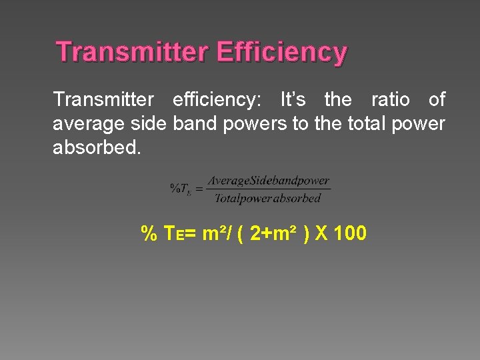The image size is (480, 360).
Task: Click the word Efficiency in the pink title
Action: (x=282, y=52)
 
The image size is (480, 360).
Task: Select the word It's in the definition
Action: (x=293, y=100)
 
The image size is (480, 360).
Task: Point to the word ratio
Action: (x=390, y=100)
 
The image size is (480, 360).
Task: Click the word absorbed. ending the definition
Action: (x=97, y=147)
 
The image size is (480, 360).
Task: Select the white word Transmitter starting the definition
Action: (x=103, y=100)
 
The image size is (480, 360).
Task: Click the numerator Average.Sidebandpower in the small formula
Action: (x=268, y=181)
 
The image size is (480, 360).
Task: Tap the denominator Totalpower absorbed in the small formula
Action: (x=268, y=198)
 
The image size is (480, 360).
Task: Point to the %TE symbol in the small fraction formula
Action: (x=180, y=189)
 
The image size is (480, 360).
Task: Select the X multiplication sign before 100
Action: (x=321, y=234)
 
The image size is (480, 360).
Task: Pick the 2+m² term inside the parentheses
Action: (x=273, y=234)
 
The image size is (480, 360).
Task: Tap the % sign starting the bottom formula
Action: (x=149, y=234)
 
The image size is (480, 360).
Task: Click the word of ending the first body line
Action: (x=437, y=100)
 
